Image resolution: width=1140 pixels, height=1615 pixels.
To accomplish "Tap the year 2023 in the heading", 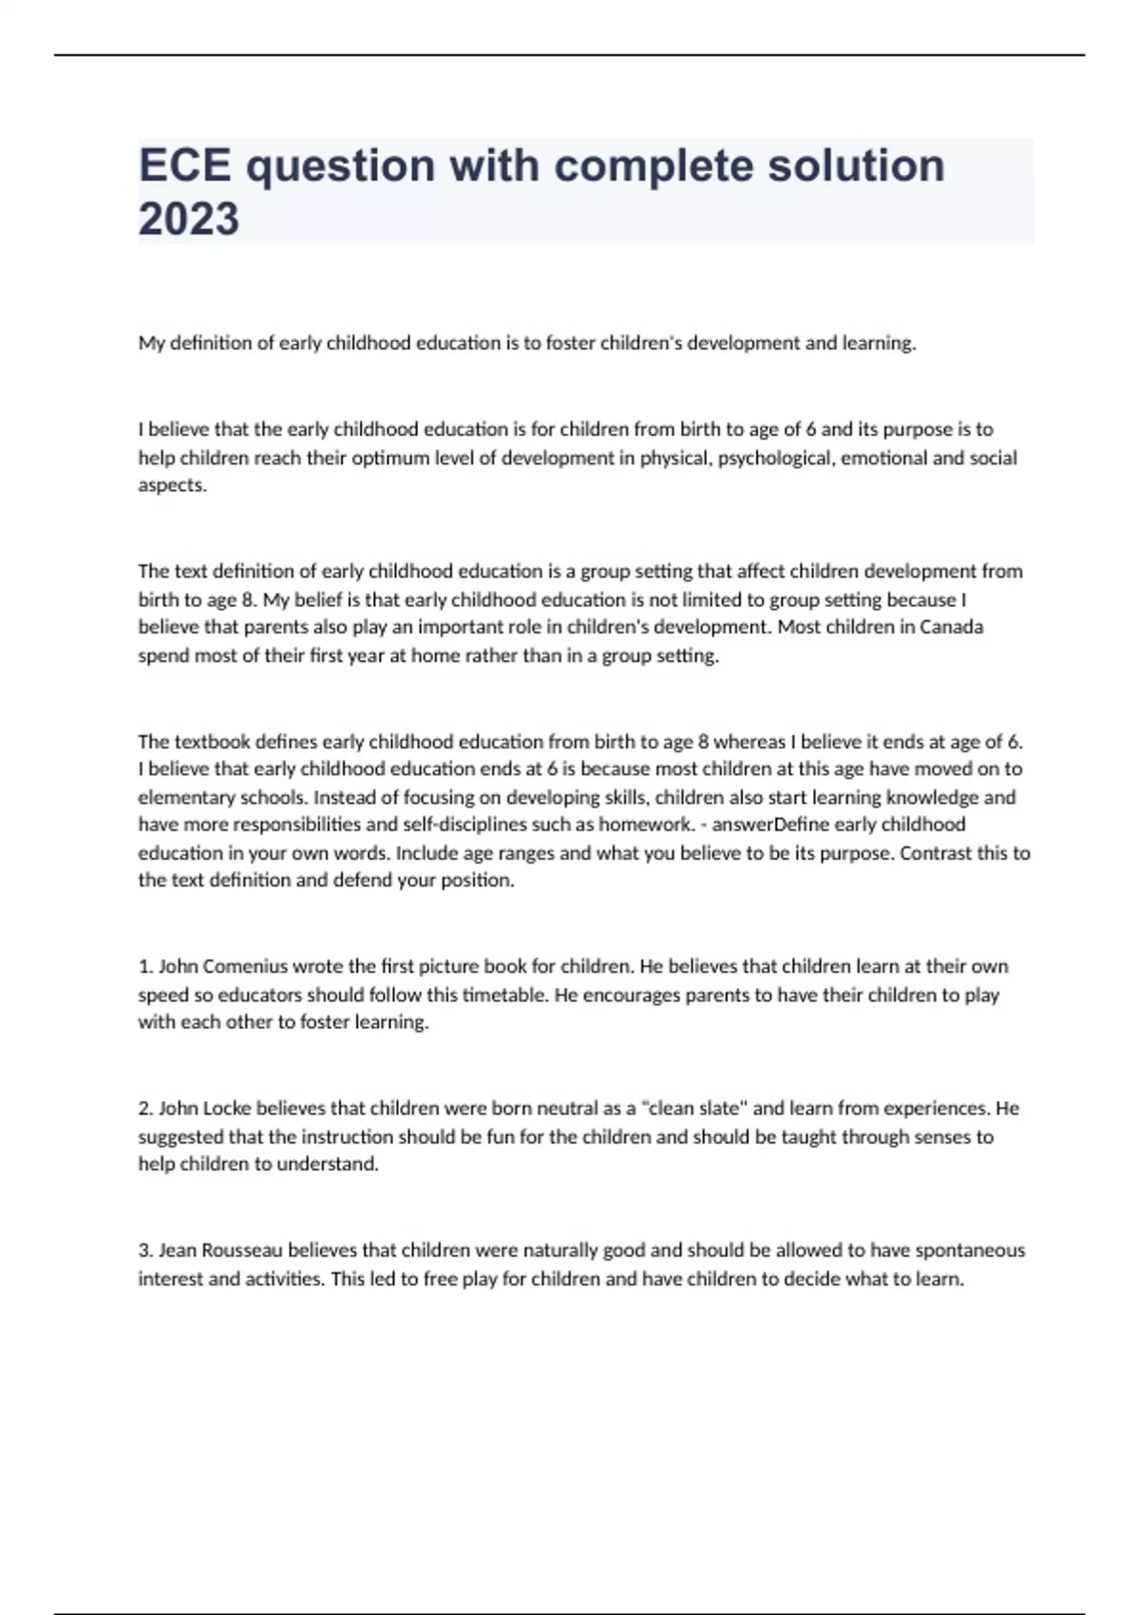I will (189, 219).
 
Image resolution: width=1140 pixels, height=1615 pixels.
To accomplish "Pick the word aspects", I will (172, 485).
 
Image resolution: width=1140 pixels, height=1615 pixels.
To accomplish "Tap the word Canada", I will (951, 627).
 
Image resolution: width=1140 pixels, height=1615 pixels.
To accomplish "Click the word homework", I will (647, 825).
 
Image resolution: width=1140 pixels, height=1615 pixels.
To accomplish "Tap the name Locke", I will (226, 1109).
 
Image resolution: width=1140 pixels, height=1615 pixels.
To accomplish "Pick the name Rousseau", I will (242, 1250).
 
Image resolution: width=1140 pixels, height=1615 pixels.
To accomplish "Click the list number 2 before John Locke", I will (145, 1109).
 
